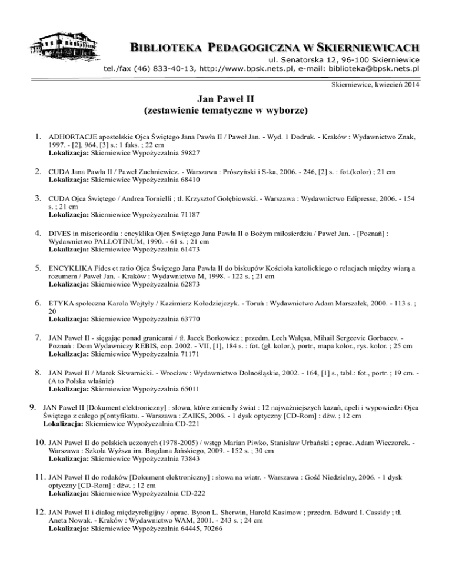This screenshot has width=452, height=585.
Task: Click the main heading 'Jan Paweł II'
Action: [226, 99]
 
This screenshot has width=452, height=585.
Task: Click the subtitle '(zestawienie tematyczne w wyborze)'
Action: [226, 111]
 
